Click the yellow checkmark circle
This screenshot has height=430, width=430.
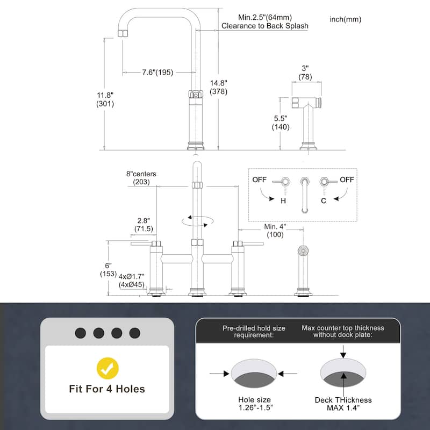click(x=107, y=368)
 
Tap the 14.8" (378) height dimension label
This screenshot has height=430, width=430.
click(x=219, y=87)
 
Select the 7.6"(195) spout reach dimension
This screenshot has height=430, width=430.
click(x=157, y=73)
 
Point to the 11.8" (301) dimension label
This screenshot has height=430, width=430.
click(x=105, y=99)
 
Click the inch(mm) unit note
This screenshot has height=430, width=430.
click(x=345, y=19)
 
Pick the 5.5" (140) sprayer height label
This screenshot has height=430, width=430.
click(x=281, y=123)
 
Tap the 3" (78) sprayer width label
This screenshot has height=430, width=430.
click(x=305, y=73)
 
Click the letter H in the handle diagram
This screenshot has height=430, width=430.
click(x=283, y=201)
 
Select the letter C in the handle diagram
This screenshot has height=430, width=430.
click(x=324, y=201)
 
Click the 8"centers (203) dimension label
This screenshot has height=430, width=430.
click(x=141, y=178)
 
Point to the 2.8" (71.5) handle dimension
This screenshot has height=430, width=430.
click(x=144, y=225)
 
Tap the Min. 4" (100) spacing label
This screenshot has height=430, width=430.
click(x=275, y=231)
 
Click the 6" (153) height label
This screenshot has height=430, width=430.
click(x=109, y=270)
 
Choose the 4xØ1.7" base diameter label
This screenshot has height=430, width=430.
click(x=131, y=276)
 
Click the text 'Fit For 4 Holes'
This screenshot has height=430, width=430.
click(x=107, y=389)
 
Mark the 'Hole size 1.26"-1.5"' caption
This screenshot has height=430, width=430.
click(x=255, y=404)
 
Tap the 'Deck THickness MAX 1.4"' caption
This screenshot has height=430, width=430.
click(x=343, y=404)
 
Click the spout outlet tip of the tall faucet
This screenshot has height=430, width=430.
click(x=123, y=33)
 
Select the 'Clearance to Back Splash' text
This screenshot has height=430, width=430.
click(x=265, y=26)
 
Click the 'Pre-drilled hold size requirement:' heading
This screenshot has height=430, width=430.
click(x=254, y=332)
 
